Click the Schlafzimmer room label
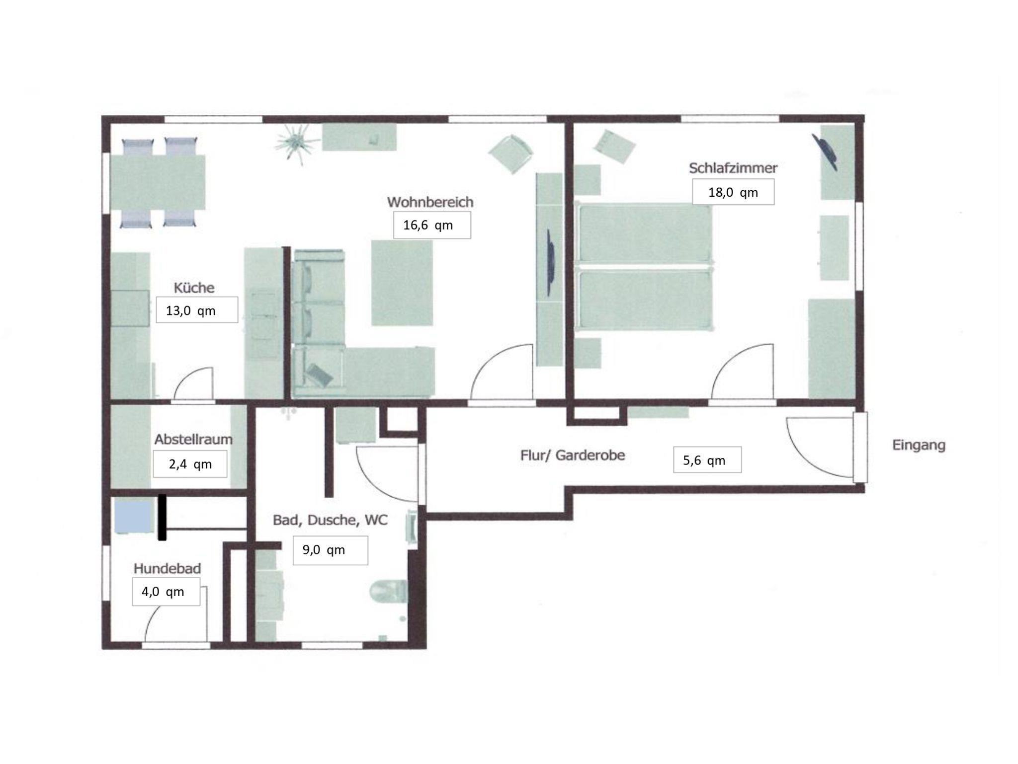point(733,168)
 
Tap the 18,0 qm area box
point(733,192)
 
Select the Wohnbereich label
point(430,202)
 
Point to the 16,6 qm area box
point(432,225)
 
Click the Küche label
point(194,288)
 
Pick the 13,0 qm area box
point(197,310)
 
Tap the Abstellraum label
point(193,439)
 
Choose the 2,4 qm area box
point(190,464)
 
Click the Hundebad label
point(167,568)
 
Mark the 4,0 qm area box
point(166,592)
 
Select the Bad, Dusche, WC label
point(330,520)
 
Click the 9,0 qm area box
point(330,550)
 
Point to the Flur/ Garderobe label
point(573,455)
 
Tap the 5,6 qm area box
point(707,459)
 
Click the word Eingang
point(919,445)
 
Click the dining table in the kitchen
point(158,182)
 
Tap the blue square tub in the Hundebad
point(133,517)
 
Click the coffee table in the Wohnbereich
point(402,283)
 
